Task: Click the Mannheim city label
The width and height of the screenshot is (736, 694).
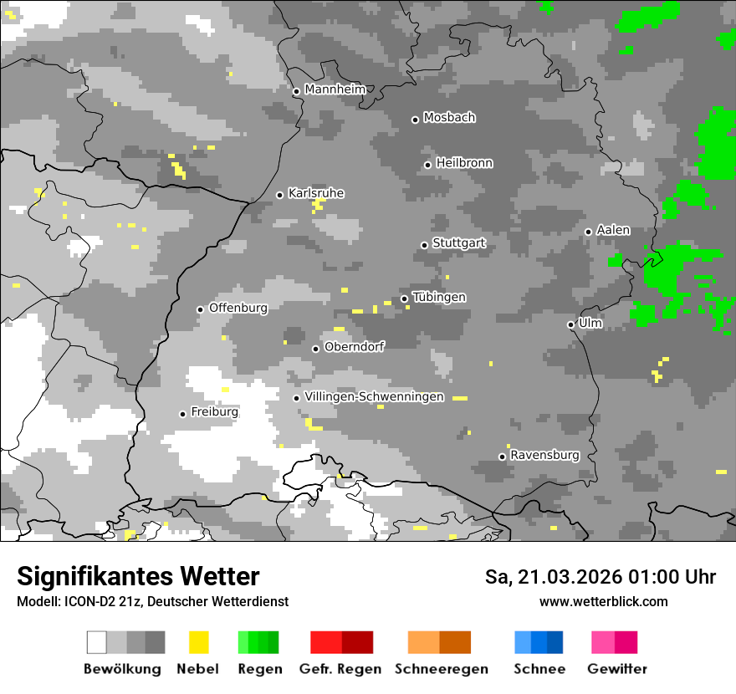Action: (335, 89)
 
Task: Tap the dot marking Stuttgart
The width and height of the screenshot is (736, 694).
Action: (425, 245)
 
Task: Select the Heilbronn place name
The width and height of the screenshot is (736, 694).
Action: (464, 163)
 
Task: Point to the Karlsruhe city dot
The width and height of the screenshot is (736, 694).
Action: (280, 195)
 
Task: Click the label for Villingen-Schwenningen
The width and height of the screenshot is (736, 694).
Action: (374, 397)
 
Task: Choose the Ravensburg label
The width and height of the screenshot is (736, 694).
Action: (544, 456)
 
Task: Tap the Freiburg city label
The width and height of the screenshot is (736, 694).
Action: (214, 412)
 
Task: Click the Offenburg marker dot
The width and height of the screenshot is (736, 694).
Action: (200, 309)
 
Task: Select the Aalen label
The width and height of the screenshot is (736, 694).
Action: (613, 230)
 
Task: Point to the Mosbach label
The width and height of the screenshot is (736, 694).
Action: (449, 118)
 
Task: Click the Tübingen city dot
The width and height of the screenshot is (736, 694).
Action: (405, 299)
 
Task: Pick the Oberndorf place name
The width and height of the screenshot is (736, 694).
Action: (354, 347)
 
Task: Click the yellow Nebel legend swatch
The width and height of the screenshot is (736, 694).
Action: (198, 642)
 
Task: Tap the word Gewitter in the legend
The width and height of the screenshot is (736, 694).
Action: (617, 669)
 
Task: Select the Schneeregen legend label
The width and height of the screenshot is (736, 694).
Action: (442, 669)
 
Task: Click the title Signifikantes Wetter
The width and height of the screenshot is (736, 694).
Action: (138, 577)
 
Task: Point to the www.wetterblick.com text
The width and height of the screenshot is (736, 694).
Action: (604, 601)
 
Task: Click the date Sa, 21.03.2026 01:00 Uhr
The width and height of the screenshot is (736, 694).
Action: (601, 577)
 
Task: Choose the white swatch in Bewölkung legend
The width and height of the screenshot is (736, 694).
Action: (97, 642)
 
